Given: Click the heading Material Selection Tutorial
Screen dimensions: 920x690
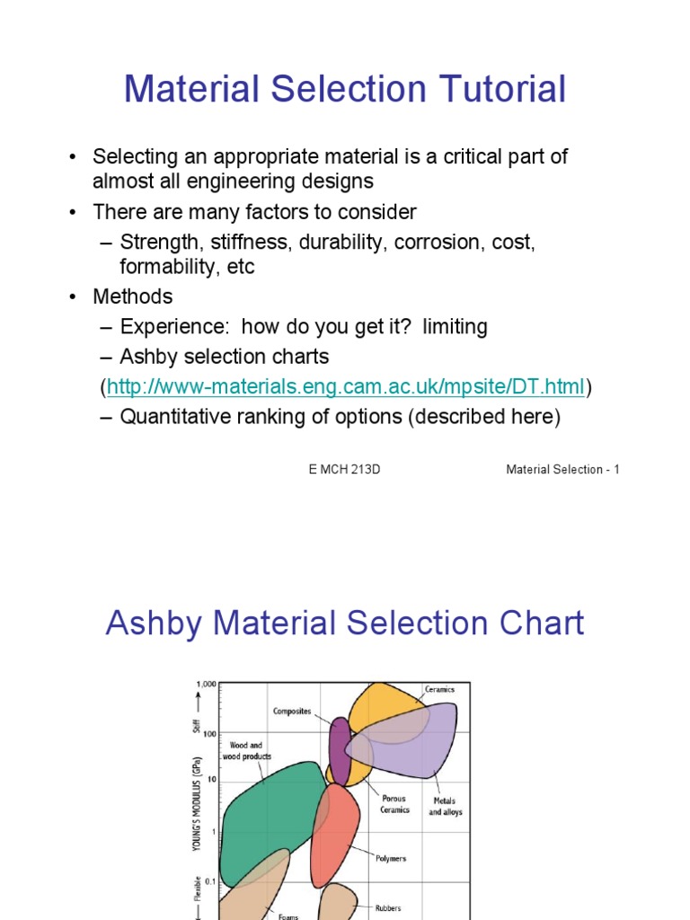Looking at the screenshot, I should point(345,90).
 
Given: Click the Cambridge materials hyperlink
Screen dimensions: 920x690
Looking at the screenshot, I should point(346,387).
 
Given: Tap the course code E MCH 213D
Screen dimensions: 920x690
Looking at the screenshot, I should point(344,470).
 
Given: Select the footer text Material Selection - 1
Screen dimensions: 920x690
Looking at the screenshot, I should point(562,470).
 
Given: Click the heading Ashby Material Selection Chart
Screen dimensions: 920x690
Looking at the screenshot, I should point(345,623).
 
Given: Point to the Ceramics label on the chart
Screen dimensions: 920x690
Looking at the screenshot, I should point(440,689).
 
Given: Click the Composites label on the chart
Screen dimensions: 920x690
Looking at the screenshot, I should point(292,711).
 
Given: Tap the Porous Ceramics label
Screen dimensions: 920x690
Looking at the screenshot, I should point(394,804).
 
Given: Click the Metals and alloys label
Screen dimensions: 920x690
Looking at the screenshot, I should point(445,807).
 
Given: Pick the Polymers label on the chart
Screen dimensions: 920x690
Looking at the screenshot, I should point(390,859).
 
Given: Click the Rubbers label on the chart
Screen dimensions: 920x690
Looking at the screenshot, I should point(388,908).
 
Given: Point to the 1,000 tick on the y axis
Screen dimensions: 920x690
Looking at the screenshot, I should point(206,685).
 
